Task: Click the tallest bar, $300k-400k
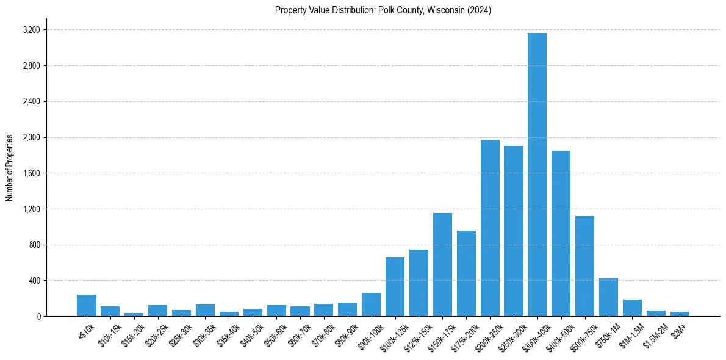[x=537, y=175]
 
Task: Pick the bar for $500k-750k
[x=584, y=266]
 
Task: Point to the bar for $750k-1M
[x=608, y=297]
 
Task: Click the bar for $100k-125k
[x=395, y=287]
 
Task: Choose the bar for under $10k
[x=87, y=305]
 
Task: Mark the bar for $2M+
[x=680, y=314]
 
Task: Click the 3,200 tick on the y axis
[x=31, y=30]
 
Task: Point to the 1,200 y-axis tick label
[x=31, y=209]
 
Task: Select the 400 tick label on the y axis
[x=34, y=281]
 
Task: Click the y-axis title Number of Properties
[x=9, y=168]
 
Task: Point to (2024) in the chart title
[x=480, y=10]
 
